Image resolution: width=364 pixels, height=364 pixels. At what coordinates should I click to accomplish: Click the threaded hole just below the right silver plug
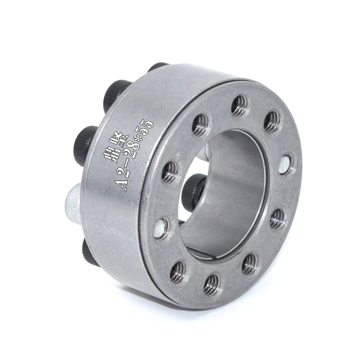click(x=277, y=219)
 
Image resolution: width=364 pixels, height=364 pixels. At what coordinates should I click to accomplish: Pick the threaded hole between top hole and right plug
click(x=272, y=121)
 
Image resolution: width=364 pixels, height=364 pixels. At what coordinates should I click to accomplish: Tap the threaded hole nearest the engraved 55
click(x=200, y=125)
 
